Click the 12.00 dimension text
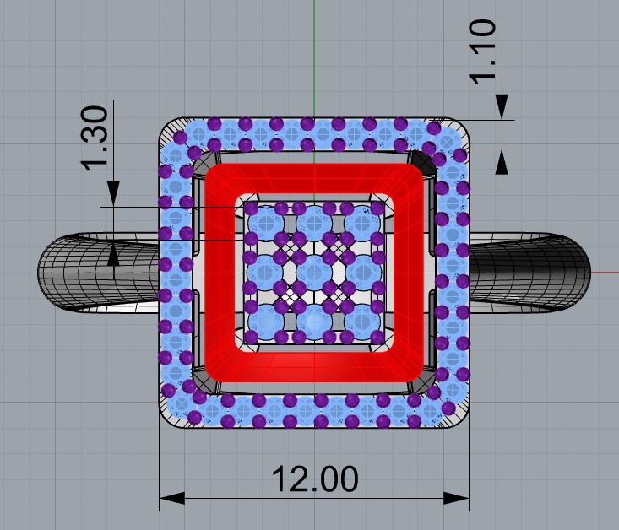(314, 479)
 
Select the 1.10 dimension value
(485, 52)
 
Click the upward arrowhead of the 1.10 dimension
(502, 161)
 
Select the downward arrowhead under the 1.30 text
(113, 194)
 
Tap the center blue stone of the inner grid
(314, 272)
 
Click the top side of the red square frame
(313, 178)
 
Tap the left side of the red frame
(220, 272)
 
